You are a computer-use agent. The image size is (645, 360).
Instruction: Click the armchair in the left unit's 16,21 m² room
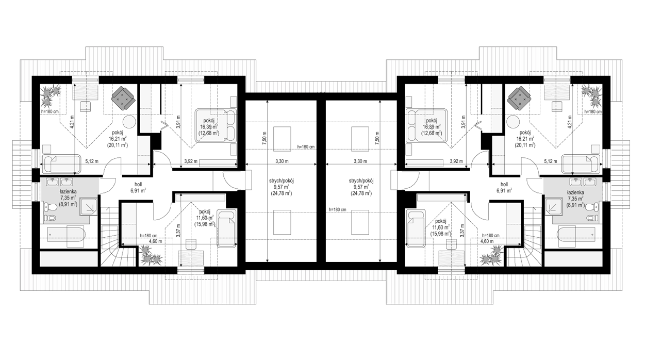(124, 97)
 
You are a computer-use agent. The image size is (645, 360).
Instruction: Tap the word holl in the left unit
(138, 184)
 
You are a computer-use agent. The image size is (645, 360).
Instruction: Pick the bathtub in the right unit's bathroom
(576, 235)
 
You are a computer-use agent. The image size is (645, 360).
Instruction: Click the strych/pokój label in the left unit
(282, 181)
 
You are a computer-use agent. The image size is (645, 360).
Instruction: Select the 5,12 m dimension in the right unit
(550, 161)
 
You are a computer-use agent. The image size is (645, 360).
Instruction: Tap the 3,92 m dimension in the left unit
(191, 161)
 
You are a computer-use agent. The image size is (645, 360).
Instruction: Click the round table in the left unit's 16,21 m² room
(129, 122)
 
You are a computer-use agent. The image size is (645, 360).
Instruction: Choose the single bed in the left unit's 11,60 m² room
(227, 228)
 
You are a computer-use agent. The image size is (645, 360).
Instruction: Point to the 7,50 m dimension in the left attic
(265, 138)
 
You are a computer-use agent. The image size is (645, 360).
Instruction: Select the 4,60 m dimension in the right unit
(486, 241)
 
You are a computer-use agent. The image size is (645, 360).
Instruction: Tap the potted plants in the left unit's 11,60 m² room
(151, 255)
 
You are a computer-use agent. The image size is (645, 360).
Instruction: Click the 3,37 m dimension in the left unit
(178, 231)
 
